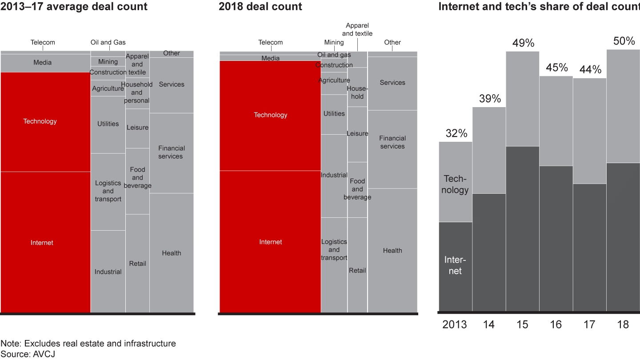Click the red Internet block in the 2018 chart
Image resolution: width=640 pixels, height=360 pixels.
tap(270, 242)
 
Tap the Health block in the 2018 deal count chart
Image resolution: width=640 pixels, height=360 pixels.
tap(392, 250)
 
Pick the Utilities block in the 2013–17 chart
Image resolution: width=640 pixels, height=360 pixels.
tap(108, 124)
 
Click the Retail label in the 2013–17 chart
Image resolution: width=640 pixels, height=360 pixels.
tap(137, 264)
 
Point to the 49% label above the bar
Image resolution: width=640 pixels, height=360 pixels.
tap(523, 43)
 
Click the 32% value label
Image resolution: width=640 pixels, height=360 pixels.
tap(456, 133)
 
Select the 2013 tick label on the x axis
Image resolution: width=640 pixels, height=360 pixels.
tap(455, 325)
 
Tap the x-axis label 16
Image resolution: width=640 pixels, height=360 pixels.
tap(556, 325)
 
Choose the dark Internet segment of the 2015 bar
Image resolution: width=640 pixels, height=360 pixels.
tap(523, 229)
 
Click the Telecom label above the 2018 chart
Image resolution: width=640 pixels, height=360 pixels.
tap(271, 43)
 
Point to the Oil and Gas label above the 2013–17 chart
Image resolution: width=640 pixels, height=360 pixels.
tap(108, 43)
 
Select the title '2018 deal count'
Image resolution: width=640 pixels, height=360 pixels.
tap(260, 7)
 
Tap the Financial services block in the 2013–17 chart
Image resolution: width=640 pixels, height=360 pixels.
tap(172, 152)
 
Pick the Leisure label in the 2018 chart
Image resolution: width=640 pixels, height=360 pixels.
tap(357, 134)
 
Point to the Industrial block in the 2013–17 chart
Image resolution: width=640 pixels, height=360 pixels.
tap(108, 272)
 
